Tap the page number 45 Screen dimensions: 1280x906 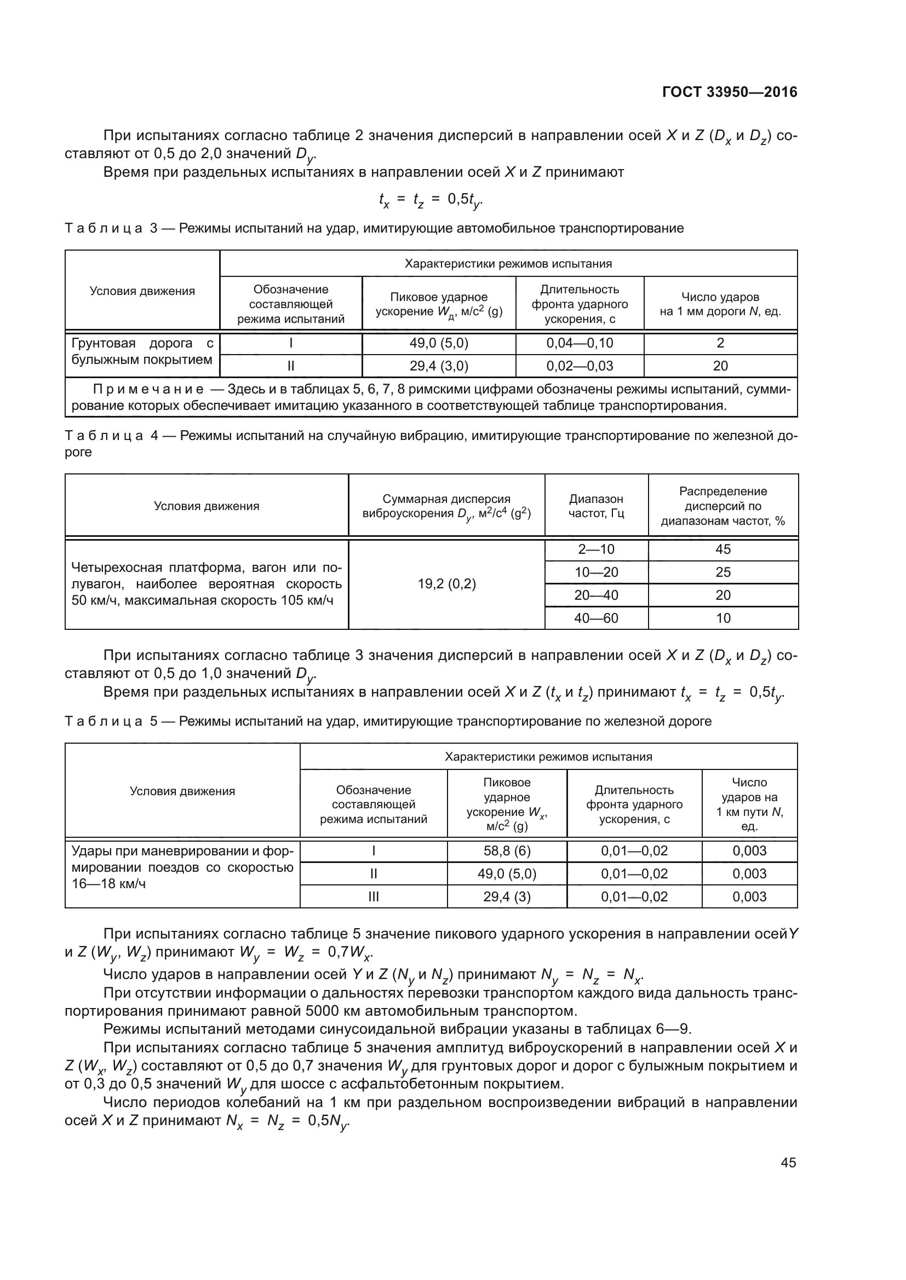788,1162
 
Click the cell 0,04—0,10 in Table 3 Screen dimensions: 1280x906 579,343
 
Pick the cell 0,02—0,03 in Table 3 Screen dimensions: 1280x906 579,366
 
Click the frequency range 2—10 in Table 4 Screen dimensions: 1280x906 596,549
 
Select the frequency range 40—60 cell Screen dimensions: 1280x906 596,618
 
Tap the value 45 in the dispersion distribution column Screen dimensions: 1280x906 722,549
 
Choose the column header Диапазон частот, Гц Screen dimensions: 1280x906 596,506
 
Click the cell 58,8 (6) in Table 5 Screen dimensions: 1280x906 507,851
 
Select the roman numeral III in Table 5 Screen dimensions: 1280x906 373,896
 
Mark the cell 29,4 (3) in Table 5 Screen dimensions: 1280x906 507,896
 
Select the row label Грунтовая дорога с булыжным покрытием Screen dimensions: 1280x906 142,351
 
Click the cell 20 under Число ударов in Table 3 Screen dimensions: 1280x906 720,366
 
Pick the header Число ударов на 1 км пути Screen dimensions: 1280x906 749,804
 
